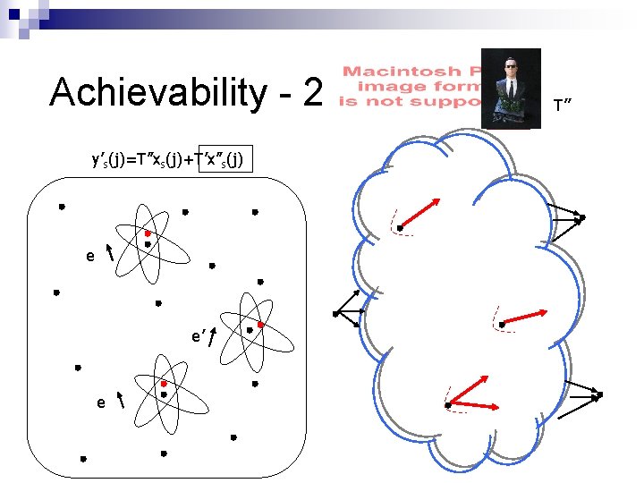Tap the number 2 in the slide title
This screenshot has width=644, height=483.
[310, 91]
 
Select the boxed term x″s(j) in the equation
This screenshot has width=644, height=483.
[225, 159]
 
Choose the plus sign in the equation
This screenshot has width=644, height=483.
[191, 159]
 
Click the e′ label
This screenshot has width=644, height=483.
[199, 337]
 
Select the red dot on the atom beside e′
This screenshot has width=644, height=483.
[260, 324]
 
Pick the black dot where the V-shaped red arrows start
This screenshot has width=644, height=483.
[448, 407]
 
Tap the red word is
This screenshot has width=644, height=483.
[348, 102]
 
